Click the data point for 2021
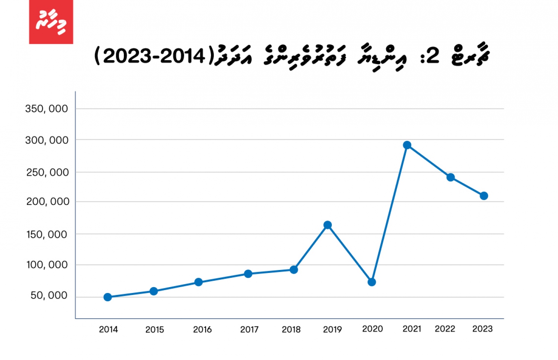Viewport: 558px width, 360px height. coord(407,145)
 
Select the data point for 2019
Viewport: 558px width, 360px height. coord(327,225)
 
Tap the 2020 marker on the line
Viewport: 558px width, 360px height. coord(372,282)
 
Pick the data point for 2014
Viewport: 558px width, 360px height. coord(108,297)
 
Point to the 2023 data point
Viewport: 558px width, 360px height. coord(484,196)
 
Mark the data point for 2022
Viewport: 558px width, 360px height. coord(450,177)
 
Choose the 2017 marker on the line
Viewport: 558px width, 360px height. coord(248,274)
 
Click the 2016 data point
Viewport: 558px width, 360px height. coord(198,282)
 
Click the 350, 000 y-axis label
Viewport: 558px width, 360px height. coord(46,109)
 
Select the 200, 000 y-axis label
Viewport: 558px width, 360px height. coord(48,202)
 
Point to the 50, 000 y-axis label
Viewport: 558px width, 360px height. coord(49,295)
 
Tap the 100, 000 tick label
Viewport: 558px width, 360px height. coord(47,265)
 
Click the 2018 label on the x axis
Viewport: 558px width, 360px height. coord(291,330)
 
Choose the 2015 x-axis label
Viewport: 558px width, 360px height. coord(154,330)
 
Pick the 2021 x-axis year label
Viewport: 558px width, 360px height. coord(412,329)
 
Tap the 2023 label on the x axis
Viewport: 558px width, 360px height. coord(482,329)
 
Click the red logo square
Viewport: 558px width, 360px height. coord(51,22)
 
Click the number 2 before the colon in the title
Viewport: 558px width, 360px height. coord(433,56)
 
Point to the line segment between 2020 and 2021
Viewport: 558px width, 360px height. coord(389,214)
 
